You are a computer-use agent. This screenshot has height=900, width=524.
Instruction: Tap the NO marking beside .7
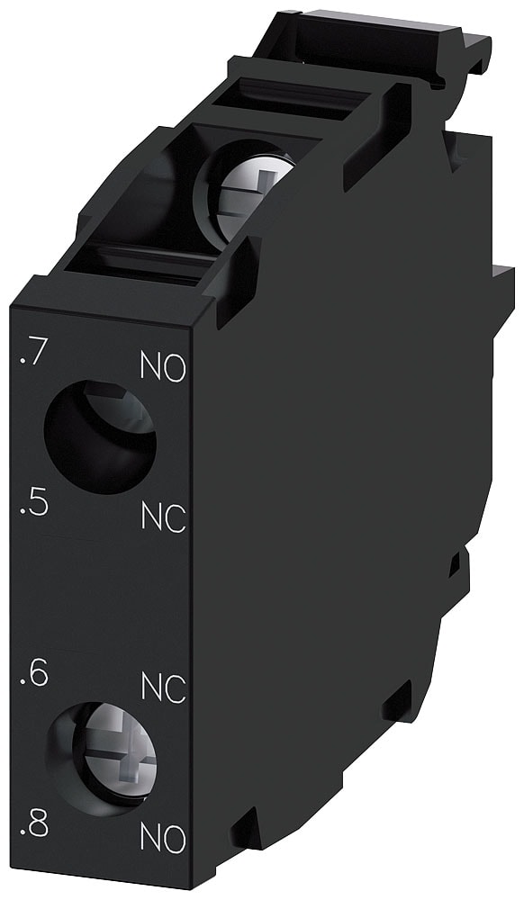tap(163, 366)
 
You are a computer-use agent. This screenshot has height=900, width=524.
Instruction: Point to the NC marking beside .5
tap(163, 517)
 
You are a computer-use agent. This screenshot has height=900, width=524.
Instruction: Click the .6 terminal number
tap(32, 674)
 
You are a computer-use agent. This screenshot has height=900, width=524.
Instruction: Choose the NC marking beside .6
tap(163, 688)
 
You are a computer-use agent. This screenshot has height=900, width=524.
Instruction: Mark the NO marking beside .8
tap(163, 839)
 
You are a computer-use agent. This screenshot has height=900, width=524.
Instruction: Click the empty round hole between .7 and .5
tap(99, 436)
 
